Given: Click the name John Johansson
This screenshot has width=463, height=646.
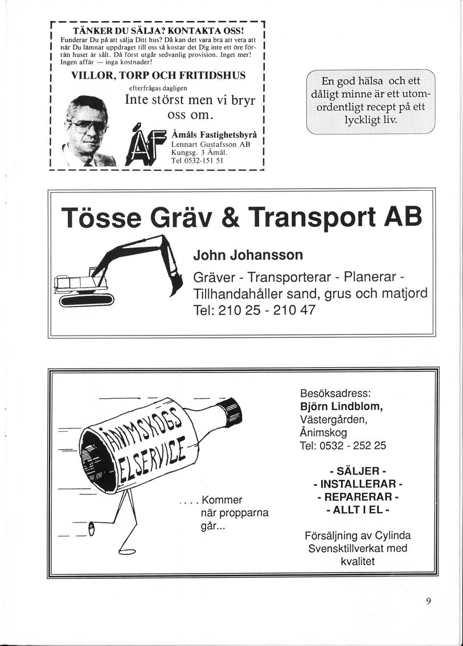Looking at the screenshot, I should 248,254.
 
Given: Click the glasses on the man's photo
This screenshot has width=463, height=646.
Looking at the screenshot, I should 87,126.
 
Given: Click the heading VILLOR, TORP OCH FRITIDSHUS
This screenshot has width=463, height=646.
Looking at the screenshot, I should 158,76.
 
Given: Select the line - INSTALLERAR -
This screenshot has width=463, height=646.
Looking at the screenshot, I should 358,484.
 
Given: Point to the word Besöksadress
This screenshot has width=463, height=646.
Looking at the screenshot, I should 335,394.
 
